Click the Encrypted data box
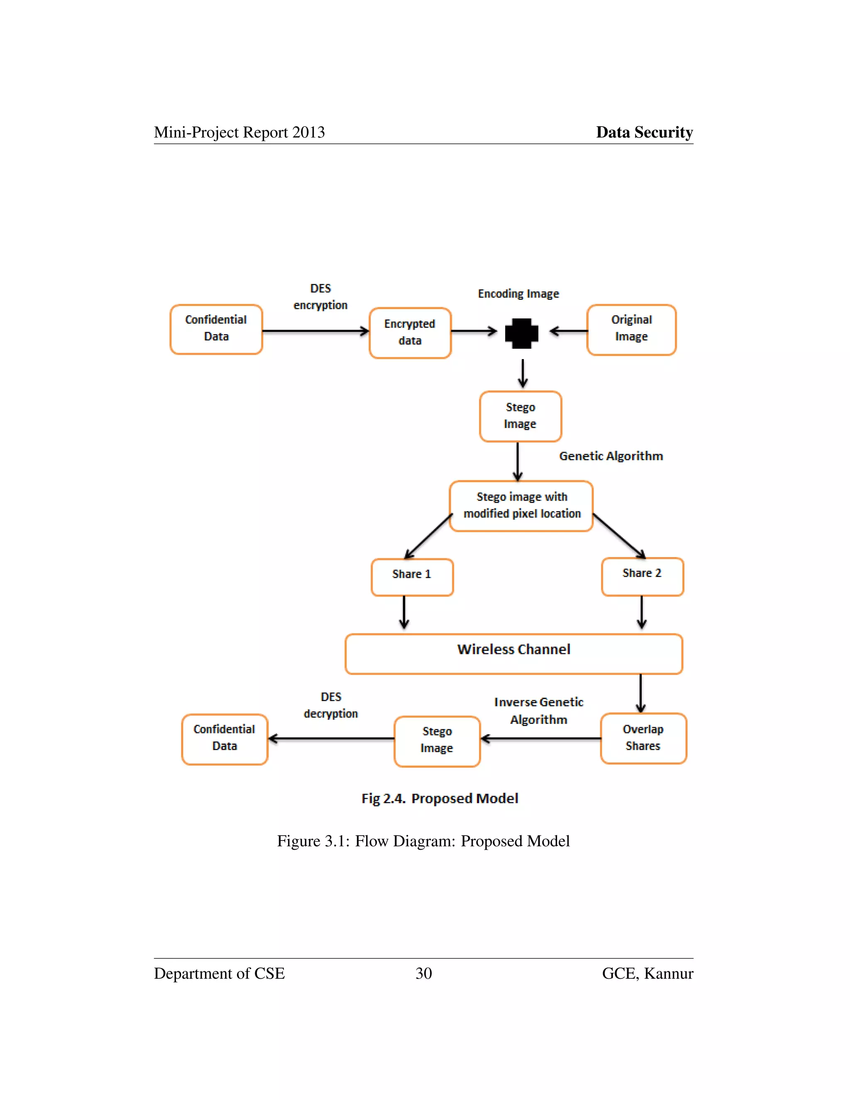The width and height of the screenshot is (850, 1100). (x=410, y=333)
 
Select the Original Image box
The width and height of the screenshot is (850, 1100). (x=631, y=330)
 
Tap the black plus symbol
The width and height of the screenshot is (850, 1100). (x=522, y=333)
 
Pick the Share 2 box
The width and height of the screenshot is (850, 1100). (x=642, y=576)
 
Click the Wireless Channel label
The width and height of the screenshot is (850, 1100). (x=514, y=649)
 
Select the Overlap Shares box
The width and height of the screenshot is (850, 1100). (x=643, y=738)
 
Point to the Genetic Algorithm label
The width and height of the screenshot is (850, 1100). (x=611, y=456)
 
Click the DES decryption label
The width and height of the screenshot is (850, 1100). (x=331, y=705)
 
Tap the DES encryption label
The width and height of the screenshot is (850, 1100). (x=321, y=297)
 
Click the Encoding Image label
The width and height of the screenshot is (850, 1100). (x=518, y=293)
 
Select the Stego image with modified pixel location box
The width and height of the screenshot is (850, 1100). (x=521, y=506)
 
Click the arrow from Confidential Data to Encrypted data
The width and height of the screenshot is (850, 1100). (x=315, y=331)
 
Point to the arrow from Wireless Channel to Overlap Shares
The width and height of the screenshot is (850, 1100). (x=640, y=693)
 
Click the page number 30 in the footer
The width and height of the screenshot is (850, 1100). (x=423, y=973)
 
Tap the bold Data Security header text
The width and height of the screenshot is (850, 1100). (x=644, y=132)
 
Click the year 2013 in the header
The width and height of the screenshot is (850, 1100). (x=308, y=132)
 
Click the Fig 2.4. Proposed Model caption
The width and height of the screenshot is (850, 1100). (x=440, y=799)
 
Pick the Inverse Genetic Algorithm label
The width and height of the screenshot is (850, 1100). (x=538, y=711)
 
